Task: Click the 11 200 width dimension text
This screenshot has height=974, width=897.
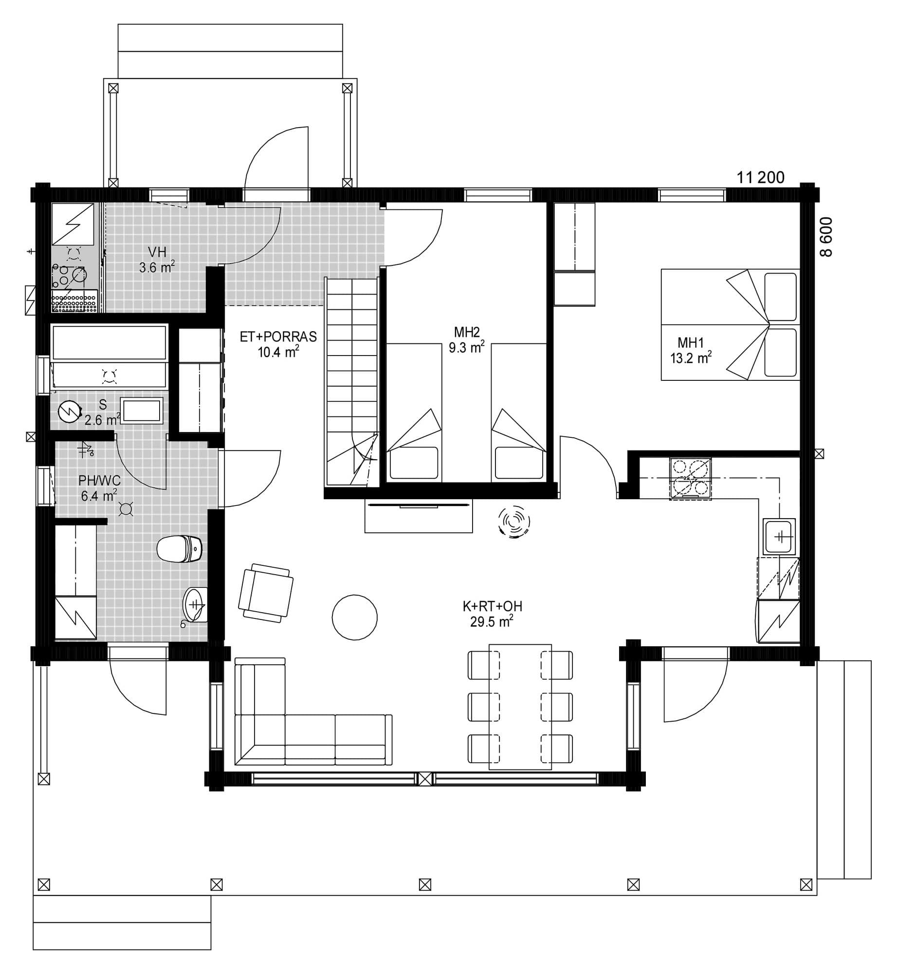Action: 760,178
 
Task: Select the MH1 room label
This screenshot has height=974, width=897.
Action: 690,343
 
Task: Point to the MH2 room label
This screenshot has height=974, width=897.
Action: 467,333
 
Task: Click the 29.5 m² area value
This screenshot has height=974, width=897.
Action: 492,622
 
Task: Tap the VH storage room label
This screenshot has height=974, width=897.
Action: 157,252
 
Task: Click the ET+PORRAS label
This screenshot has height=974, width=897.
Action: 278,337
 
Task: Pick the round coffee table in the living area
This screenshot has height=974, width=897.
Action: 354,617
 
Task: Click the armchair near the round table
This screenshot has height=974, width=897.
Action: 266,592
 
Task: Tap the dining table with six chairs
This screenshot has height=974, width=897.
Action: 520,707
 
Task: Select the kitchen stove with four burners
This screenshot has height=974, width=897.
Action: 690,478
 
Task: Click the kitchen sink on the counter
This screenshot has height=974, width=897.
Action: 779,536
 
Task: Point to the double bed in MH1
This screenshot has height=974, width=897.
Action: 730,324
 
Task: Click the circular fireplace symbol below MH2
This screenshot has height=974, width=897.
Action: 513,522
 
